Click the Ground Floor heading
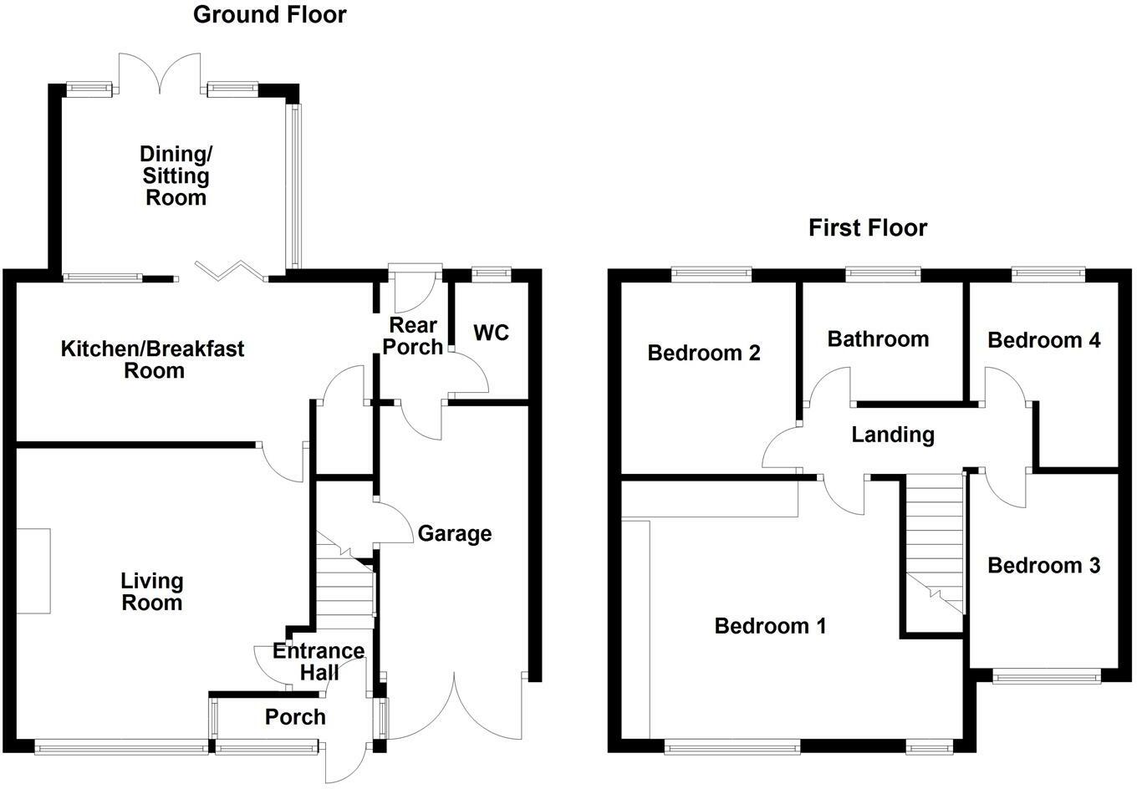[x=269, y=14]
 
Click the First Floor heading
[x=868, y=227]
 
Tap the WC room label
[x=491, y=333]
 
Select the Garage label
[x=455, y=533]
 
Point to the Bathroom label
[x=878, y=339]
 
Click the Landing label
[x=892, y=434]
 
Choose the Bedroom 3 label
[x=1043, y=566]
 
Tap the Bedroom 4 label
[x=1043, y=339]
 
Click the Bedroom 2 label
[x=704, y=353]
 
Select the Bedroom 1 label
[x=770, y=625]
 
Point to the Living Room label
[x=152, y=592]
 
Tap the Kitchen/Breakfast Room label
[x=153, y=359]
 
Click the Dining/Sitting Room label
[x=176, y=176]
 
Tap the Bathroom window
[x=883, y=272]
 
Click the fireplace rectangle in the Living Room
[x=33, y=571]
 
